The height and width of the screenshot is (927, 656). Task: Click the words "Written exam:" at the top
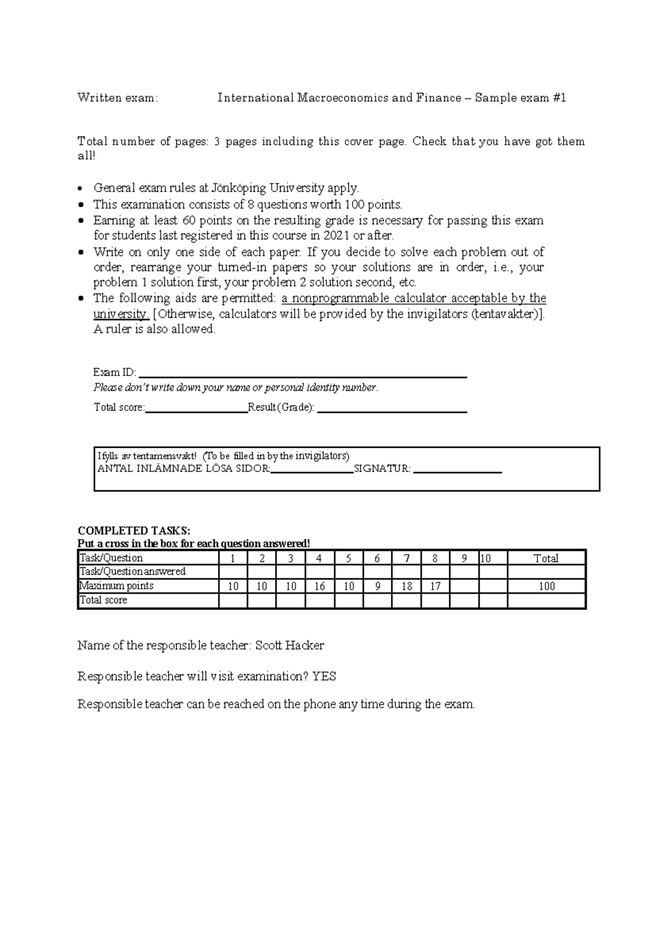(118, 98)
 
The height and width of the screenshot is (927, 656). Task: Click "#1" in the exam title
(559, 98)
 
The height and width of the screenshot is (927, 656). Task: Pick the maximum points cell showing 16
(319, 586)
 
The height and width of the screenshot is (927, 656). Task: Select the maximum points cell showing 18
(406, 586)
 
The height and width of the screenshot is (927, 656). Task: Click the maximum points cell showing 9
(377, 586)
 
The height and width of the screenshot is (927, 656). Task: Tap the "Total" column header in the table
(546, 558)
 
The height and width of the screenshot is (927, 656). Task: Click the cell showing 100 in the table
(546, 586)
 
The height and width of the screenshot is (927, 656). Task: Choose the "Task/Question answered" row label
(133, 572)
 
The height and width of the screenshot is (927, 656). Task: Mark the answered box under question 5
(348, 572)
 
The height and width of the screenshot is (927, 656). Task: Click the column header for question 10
(485, 558)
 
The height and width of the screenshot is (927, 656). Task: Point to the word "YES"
(324, 677)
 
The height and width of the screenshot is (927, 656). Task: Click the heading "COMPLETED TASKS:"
(134, 531)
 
